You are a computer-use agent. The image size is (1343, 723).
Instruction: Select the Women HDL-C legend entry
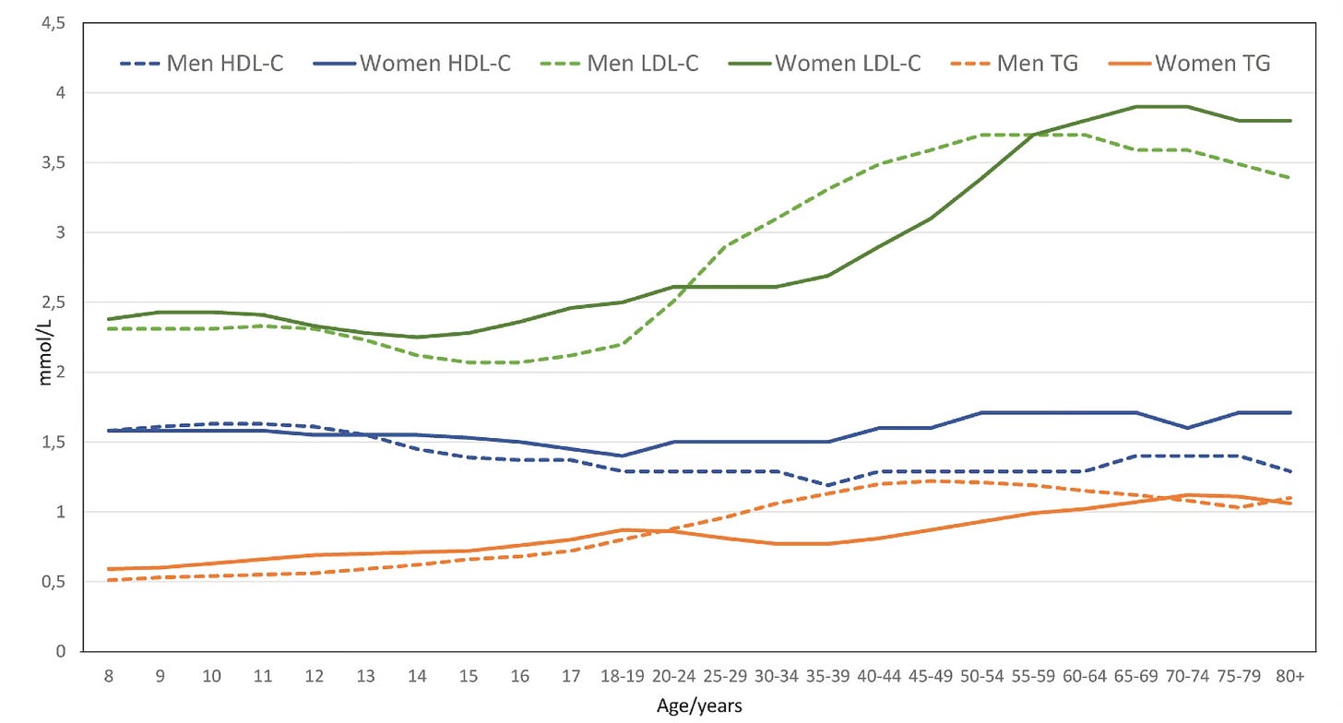[421, 64]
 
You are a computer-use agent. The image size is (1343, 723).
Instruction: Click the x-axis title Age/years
[699, 706]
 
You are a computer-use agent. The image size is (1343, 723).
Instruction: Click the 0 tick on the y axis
[61, 651]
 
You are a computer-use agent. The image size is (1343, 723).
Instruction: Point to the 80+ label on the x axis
[1290, 676]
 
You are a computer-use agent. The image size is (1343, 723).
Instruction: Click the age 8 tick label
[110, 676]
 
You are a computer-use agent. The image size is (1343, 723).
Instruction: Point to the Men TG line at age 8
[110, 580]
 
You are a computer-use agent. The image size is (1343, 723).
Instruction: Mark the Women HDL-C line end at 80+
[1290, 412]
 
